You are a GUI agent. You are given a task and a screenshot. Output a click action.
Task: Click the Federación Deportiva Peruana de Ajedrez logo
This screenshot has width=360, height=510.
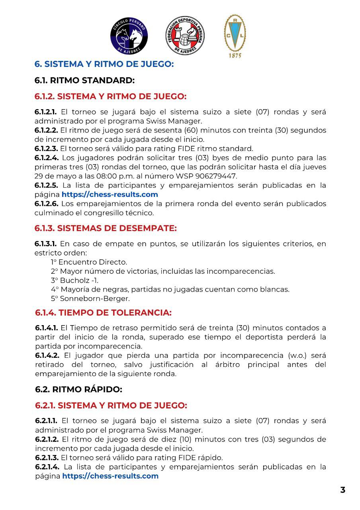coord(185,36)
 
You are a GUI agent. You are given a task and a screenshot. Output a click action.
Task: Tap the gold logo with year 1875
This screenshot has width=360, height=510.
coord(235,36)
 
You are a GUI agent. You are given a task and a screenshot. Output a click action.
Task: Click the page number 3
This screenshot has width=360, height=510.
coord(342,490)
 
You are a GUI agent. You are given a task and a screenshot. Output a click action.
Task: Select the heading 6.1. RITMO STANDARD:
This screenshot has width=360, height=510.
coord(84,80)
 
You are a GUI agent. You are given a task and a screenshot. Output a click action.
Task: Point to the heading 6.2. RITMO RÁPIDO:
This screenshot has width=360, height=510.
coord(78,389)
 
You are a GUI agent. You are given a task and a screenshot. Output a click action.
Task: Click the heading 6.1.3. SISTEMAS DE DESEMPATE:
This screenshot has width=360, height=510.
coord(106,228)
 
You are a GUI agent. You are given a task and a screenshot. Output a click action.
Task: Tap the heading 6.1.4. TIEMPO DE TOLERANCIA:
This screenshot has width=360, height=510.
coord(103,313)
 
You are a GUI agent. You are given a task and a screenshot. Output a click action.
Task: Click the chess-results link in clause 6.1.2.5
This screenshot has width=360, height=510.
coord(110,194)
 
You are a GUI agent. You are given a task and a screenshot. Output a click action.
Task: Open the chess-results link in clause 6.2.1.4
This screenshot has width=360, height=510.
coord(110,476)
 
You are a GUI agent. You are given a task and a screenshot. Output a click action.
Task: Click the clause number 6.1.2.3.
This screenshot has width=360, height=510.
coord(46,149)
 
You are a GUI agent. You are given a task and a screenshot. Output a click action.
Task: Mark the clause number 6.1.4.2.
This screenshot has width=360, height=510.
coord(47,355)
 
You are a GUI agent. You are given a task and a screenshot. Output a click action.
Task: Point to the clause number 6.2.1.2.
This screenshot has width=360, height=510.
coord(47,439)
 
